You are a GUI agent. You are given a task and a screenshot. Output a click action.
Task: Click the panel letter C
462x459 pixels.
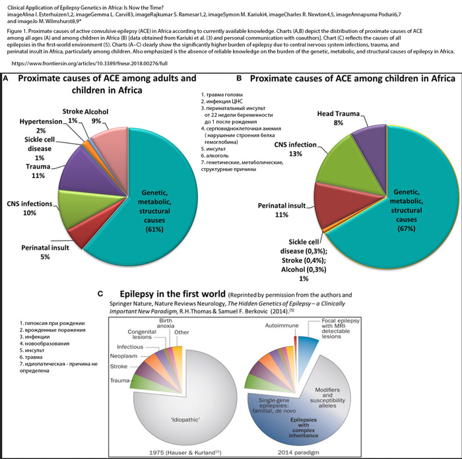pyautogui.click(x=99, y=293)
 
